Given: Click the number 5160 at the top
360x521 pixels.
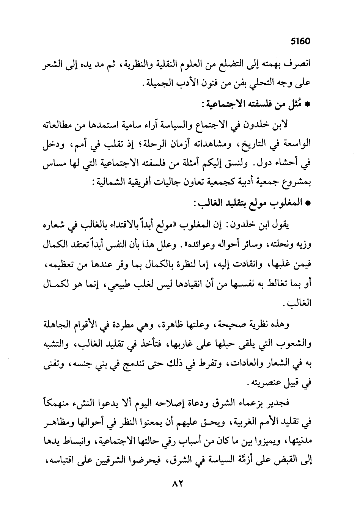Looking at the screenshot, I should [300, 41].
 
